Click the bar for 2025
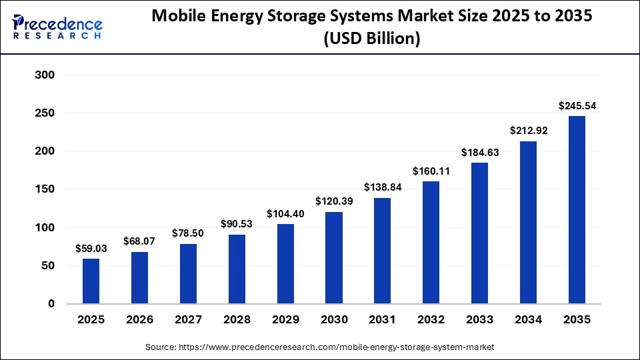[x=91, y=281]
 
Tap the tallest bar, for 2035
[x=577, y=210]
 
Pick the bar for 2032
[x=431, y=242]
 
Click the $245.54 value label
[x=577, y=105]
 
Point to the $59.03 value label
[x=91, y=248]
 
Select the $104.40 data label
[x=285, y=213]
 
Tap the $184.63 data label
[x=479, y=152]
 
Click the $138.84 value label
[x=382, y=187]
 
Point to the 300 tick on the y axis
[x=45, y=75]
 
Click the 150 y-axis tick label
[x=45, y=189]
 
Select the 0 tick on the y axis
[x=51, y=304]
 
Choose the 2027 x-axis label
[x=188, y=320]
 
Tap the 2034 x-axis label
[x=528, y=320]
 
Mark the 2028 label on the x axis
[x=237, y=320]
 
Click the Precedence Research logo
[x=57, y=27]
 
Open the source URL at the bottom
[x=320, y=347]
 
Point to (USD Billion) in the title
[x=371, y=39]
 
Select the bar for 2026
[x=139, y=277]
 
